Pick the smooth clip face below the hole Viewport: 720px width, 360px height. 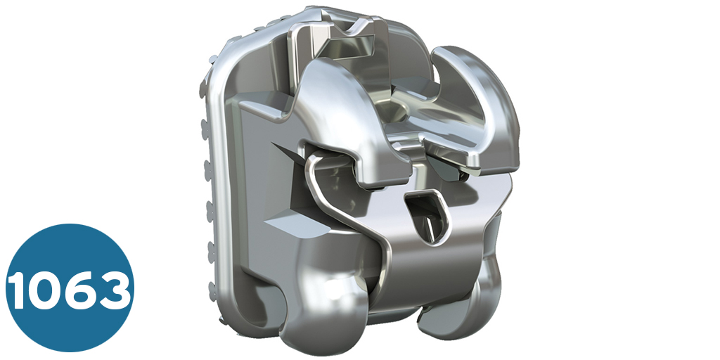tap(429, 267)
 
